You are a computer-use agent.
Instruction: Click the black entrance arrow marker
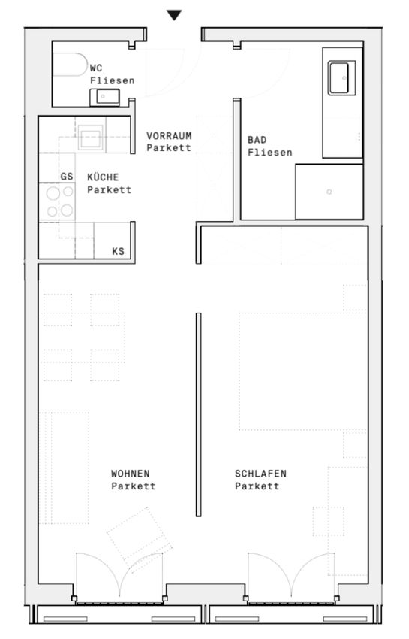click(174, 15)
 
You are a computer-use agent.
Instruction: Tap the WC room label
click(96, 68)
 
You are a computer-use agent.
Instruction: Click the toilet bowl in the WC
click(70, 65)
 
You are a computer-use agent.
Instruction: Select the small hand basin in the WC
click(104, 97)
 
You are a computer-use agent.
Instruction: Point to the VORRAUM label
click(169, 136)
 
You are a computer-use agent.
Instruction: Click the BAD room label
click(257, 140)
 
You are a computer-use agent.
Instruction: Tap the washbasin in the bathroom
click(341, 78)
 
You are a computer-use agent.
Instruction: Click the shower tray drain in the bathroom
click(329, 192)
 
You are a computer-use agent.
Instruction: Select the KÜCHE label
click(103, 177)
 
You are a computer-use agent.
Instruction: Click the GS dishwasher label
click(67, 177)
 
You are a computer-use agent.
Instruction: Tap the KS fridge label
click(118, 251)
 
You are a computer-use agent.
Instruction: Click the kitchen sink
click(90, 138)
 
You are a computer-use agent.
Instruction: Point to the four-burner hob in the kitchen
click(57, 201)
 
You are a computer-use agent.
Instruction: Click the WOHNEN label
click(131, 474)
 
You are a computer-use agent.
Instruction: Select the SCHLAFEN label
click(260, 474)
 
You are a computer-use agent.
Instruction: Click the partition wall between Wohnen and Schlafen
click(199, 414)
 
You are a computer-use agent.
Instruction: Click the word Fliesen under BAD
click(270, 153)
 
